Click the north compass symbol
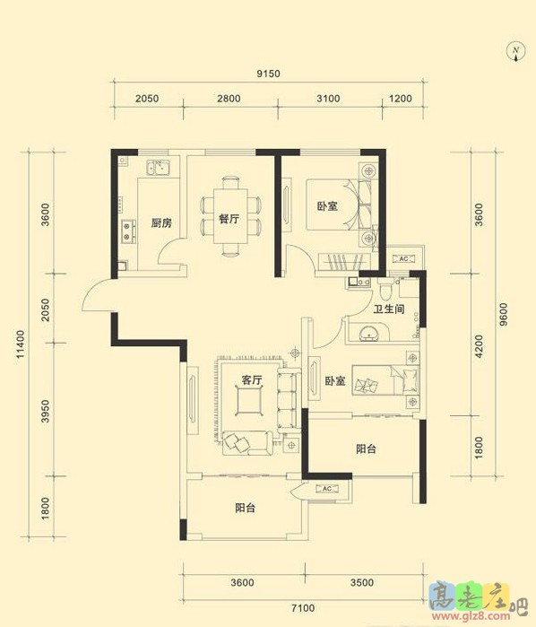point(515,53)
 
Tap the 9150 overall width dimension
point(268,74)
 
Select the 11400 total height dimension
point(21,344)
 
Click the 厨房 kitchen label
point(161,222)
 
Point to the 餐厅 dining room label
point(229,219)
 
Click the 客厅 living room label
point(251,380)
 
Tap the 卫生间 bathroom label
point(389,309)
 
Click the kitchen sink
point(158,168)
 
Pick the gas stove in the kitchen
point(127,231)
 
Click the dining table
point(229,216)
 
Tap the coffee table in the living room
point(249,402)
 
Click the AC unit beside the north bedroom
point(403,258)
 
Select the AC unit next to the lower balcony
point(327,489)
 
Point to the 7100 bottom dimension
point(303,608)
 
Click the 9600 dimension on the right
point(504,314)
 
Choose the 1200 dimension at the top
point(401,99)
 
